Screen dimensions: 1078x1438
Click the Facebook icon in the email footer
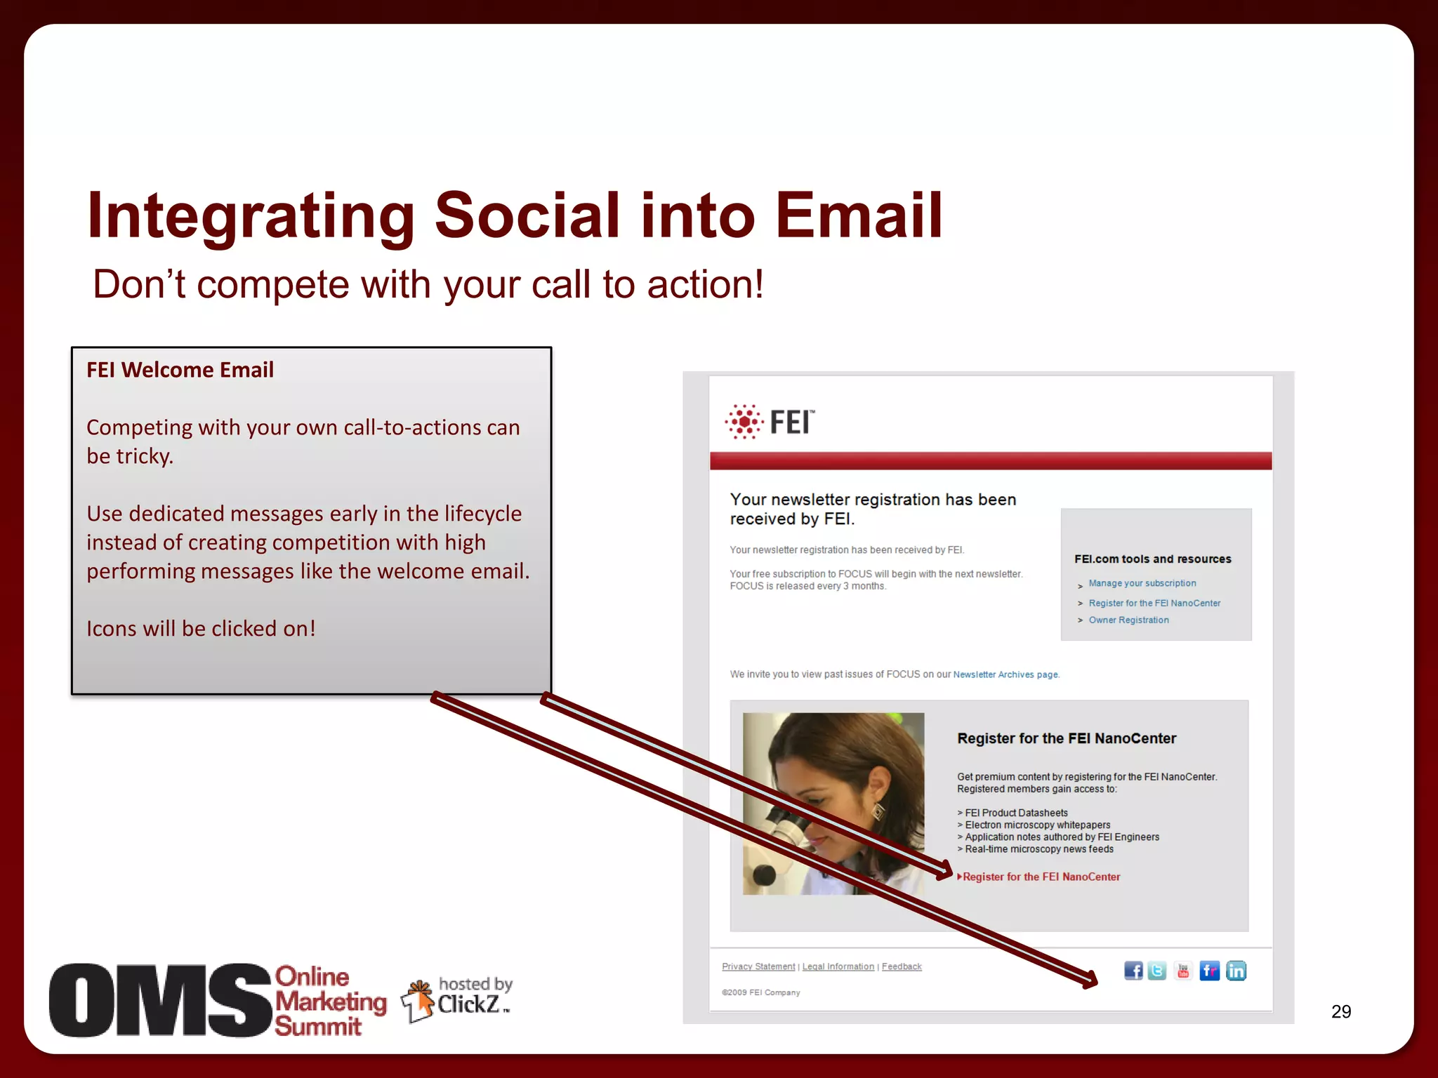[x=1133, y=971]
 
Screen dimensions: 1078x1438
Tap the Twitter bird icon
[x=1157, y=971]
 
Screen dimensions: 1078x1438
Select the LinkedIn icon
[x=1236, y=971]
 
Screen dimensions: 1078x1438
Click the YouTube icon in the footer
[x=1183, y=971]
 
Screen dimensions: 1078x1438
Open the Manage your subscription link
[x=1142, y=583]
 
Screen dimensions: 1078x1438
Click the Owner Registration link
[x=1128, y=620]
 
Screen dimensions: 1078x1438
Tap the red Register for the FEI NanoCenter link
[x=1041, y=877]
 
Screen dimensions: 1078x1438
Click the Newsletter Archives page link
[x=1005, y=674]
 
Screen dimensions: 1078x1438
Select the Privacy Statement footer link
[x=758, y=966]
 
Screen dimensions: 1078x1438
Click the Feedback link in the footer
[x=902, y=966]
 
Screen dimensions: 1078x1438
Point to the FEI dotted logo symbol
[x=744, y=422]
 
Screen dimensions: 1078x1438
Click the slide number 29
[x=1340, y=1011]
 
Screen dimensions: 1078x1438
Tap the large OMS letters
[x=160, y=1000]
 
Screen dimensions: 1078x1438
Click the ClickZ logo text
[x=469, y=1004]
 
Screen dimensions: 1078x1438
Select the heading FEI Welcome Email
[x=180, y=370]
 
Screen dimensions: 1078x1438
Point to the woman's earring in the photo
[x=878, y=811]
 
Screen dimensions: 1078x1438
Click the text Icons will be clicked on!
[x=201, y=628]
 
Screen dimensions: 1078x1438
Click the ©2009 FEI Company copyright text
[x=760, y=992]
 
